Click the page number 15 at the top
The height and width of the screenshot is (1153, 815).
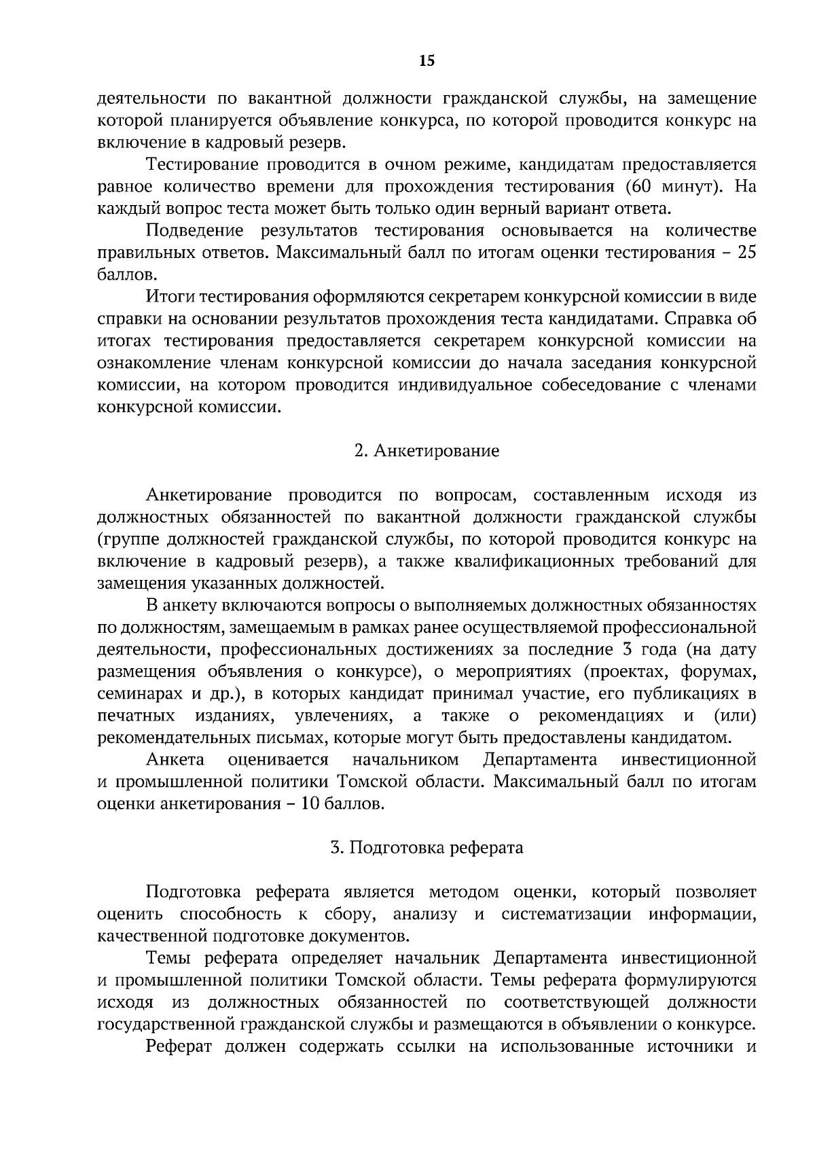(x=427, y=61)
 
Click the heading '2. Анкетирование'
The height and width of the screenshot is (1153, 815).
(x=427, y=452)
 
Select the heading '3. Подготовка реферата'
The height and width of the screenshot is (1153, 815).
(x=427, y=848)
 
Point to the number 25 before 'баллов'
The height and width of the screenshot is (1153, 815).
(x=746, y=253)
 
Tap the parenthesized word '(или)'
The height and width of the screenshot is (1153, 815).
(x=735, y=716)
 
